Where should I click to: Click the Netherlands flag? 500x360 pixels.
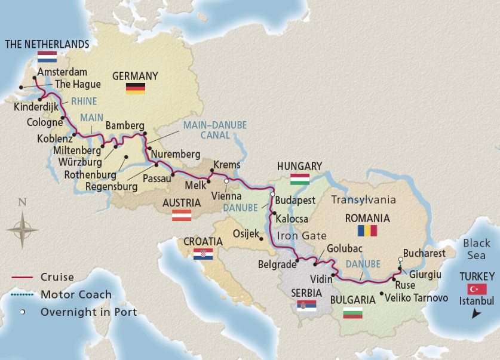point(47,57)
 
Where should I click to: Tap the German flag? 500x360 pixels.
point(136,88)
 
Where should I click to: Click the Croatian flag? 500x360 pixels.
point(203,254)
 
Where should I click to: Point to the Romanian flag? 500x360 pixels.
point(367,231)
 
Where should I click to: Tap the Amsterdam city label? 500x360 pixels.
point(62,72)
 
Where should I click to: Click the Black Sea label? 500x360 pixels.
point(476,249)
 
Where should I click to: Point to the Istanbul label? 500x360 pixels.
point(476,301)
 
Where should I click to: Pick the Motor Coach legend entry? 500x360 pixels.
point(76,294)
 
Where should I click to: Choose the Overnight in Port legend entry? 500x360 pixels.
point(88,312)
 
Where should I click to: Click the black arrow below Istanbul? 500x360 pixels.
point(476,313)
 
